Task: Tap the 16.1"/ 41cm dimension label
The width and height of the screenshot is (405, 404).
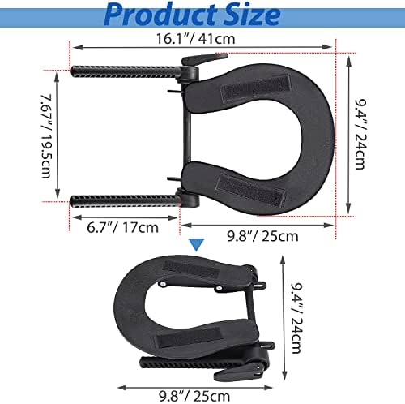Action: click(196, 39)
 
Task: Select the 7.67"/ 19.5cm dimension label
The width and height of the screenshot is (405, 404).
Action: click(46, 136)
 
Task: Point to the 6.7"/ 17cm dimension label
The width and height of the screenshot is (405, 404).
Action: click(122, 227)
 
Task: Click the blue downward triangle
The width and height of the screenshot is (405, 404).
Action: click(197, 245)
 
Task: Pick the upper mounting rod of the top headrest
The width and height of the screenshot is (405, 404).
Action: click(125, 71)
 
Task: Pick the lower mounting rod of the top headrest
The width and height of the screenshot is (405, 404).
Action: click(125, 201)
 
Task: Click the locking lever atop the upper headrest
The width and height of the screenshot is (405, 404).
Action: click(204, 60)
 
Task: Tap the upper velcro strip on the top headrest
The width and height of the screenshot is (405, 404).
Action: click(255, 87)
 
